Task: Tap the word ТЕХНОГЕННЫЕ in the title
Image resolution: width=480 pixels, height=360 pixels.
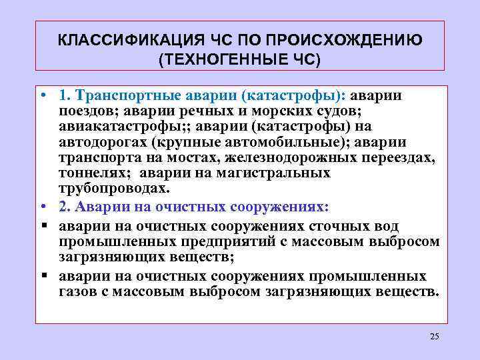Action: (224, 59)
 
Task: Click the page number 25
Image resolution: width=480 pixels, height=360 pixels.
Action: (435, 335)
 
